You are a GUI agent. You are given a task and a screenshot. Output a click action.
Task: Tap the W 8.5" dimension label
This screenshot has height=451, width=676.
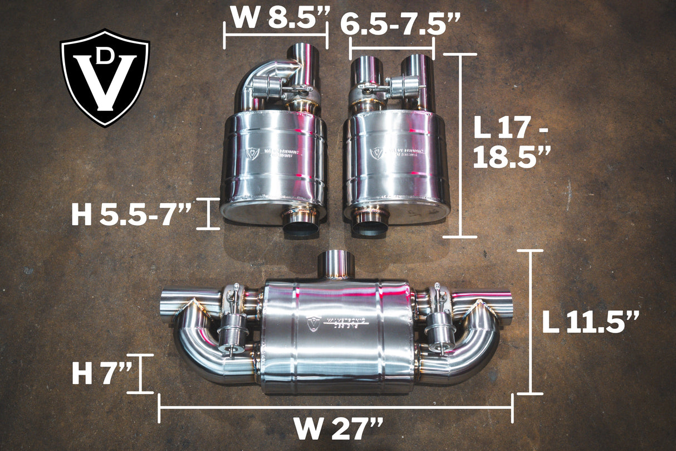[x=277, y=18]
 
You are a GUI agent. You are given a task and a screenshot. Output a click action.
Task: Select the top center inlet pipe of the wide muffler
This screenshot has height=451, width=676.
[x=336, y=264]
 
